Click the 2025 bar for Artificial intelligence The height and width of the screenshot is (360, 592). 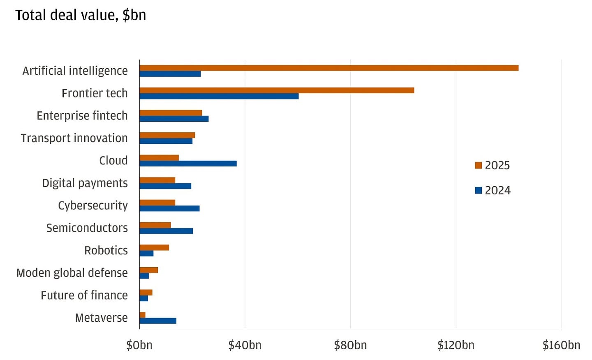(329, 68)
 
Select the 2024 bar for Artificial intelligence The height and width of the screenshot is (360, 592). (170, 74)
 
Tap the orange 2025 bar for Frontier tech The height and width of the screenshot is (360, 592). (277, 90)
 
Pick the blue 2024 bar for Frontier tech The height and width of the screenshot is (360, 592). (219, 96)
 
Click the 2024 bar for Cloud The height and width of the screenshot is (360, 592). (188, 164)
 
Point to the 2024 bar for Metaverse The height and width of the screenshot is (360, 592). (158, 321)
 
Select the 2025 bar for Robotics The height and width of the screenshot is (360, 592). (154, 247)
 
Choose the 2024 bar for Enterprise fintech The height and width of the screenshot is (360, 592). (174, 119)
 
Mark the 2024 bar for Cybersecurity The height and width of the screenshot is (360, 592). (169, 209)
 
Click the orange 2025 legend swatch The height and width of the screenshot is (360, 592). (478, 165)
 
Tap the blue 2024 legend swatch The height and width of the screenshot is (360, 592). (478, 190)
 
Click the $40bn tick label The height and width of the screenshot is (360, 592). (245, 345)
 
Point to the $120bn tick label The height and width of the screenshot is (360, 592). (456, 345)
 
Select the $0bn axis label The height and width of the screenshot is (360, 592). (139, 345)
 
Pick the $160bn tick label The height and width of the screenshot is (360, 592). (561, 345)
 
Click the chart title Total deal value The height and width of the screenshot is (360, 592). (81, 15)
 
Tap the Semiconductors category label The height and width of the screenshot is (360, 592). (87, 228)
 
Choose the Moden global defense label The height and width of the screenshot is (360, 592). (72, 273)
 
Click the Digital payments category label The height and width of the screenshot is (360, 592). (85, 183)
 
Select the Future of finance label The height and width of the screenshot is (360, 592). (84, 295)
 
